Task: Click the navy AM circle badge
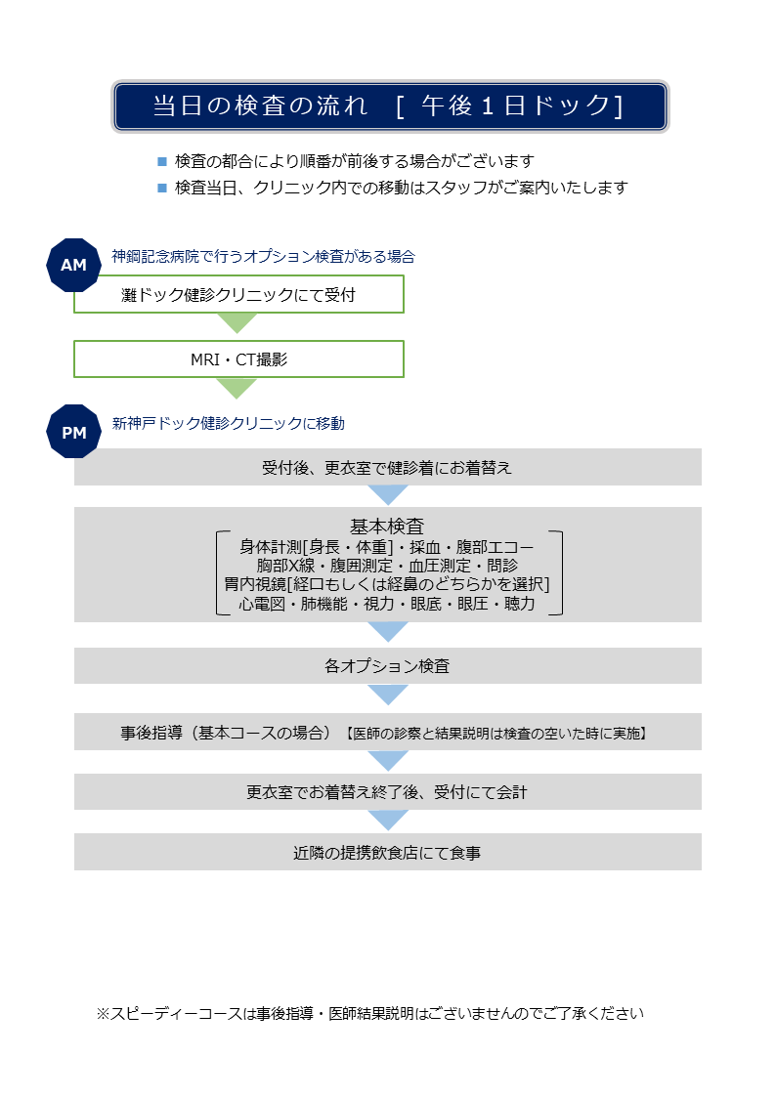[x=73, y=265]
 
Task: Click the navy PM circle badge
[x=73, y=432]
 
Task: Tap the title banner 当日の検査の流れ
[x=390, y=106]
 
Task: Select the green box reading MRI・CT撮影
[x=238, y=359]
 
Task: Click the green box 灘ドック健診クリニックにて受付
[x=238, y=295]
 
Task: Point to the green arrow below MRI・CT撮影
[x=237, y=388]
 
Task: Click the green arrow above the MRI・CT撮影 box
[x=237, y=322]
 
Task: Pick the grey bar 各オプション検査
[x=388, y=665]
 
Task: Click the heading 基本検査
[x=387, y=526]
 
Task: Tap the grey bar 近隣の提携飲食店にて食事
[x=388, y=852]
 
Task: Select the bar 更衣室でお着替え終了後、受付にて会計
[x=388, y=791]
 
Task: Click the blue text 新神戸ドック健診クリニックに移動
[x=228, y=423]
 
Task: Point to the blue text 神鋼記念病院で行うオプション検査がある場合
[x=263, y=257]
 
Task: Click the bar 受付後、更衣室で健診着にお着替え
[x=388, y=467]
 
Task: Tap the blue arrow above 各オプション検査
[x=388, y=632]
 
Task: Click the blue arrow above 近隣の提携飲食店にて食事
[x=388, y=820]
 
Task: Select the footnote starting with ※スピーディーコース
[x=369, y=1013]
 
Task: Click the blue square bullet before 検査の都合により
[x=162, y=161]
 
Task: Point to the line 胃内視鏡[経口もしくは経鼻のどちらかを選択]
[x=387, y=584]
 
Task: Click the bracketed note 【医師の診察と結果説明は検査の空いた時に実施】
[x=496, y=734]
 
